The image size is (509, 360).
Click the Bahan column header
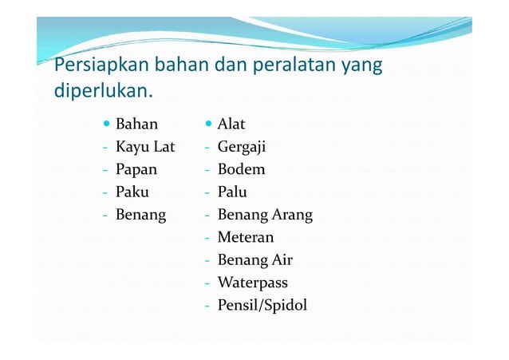click(x=136, y=125)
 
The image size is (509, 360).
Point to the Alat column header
click(x=231, y=125)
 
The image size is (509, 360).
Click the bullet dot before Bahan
click(x=107, y=125)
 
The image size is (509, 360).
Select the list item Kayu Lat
click(x=145, y=148)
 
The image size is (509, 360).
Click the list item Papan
click(x=136, y=170)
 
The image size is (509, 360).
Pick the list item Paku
click(x=132, y=192)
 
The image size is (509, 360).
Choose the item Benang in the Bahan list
click(x=141, y=216)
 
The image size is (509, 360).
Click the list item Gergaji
click(x=242, y=148)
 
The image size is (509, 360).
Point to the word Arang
click(x=292, y=216)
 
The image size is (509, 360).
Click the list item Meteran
click(x=246, y=238)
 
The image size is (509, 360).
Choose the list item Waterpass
click(x=252, y=283)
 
